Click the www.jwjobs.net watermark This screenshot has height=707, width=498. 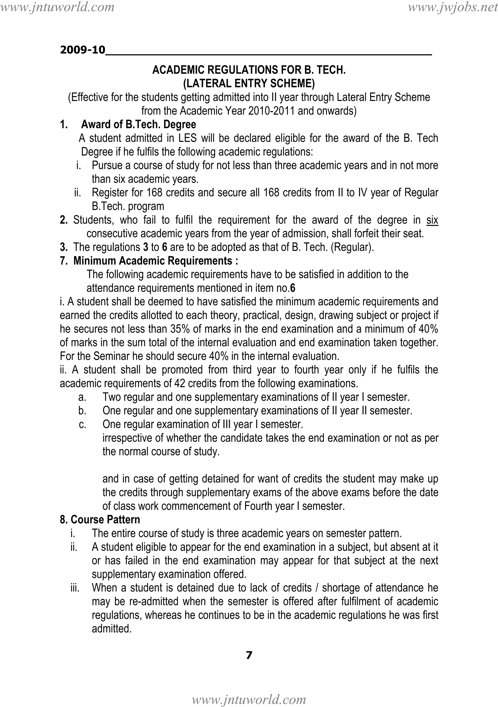tap(453, 7)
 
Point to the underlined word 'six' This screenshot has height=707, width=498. tap(432, 220)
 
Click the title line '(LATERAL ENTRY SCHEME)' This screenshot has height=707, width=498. tap(249, 84)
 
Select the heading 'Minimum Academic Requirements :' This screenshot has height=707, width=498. tap(155, 261)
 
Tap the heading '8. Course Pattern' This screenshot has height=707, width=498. tap(100, 519)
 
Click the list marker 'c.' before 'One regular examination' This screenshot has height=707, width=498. tap(82, 425)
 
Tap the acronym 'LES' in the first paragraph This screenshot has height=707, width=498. tap(187, 138)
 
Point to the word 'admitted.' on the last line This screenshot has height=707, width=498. tap(112, 628)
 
